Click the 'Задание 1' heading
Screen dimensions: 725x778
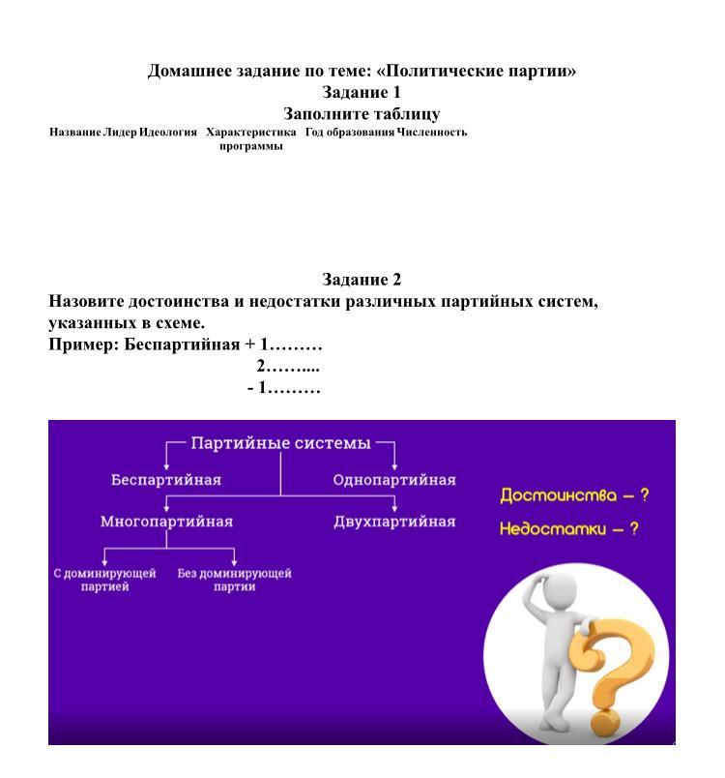tap(362, 92)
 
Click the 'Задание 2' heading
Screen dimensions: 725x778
tap(362, 280)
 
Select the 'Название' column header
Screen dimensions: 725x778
tap(74, 132)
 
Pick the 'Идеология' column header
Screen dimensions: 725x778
tap(168, 132)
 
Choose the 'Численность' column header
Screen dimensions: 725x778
tap(432, 132)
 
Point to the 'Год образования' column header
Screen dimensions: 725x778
tap(350, 132)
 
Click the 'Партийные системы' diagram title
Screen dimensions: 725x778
tap(280, 443)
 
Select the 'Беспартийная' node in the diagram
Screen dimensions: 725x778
tap(166, 480)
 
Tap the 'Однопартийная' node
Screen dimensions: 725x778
tap(394, 480)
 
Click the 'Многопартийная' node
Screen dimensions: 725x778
tap(166, 522)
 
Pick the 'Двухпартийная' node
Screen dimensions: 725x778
tap(394, 522)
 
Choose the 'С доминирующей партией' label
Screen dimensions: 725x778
tap(104, 580)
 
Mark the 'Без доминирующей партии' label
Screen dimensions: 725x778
tap(234, 580)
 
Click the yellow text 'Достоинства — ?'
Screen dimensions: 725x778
tap(574, 495)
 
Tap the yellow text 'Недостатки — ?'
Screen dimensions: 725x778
tap(569, 528)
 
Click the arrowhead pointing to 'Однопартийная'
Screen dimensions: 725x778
tap(394, 467)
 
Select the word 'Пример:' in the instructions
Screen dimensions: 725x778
tap(84, 344)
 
